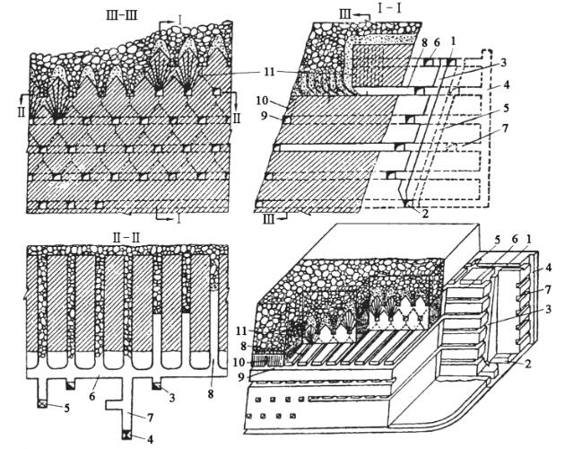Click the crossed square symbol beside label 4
click(126, 435)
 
